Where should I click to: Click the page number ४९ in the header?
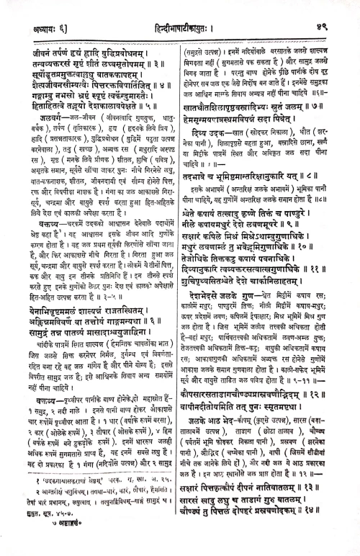(336, 9)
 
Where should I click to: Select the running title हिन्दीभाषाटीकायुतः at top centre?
(179, 9)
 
